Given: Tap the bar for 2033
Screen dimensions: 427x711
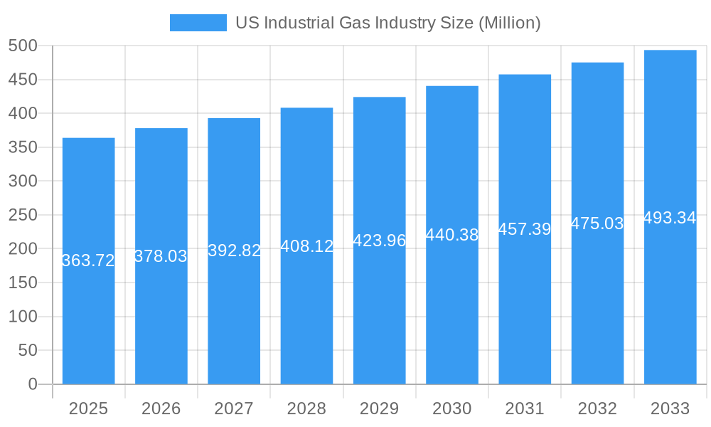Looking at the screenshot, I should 670,299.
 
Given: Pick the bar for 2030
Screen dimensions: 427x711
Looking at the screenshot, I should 452,306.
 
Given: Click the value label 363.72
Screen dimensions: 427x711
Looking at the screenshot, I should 88,260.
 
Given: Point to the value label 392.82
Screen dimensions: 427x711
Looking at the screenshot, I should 234,251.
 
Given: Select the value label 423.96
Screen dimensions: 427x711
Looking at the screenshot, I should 379,241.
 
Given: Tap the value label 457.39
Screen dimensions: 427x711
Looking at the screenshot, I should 525,229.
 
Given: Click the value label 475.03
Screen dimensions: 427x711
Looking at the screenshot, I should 597,223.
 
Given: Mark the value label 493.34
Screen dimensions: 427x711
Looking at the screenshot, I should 670,218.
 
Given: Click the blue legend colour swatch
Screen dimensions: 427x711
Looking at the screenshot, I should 198,23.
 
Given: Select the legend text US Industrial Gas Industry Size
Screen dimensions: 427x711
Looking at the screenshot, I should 387,23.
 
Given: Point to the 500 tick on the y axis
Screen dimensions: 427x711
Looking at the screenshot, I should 23,46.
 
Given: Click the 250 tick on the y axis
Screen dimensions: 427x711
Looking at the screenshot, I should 23,215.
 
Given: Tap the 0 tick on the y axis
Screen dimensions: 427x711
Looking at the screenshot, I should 32,384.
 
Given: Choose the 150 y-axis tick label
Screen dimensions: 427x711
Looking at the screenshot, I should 23,283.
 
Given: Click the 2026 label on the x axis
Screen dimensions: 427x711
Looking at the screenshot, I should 161,408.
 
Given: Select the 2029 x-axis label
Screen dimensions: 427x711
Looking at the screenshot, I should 379,408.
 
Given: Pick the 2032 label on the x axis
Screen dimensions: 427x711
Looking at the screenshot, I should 597,408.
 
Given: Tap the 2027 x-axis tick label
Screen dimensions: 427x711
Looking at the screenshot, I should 234,408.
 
